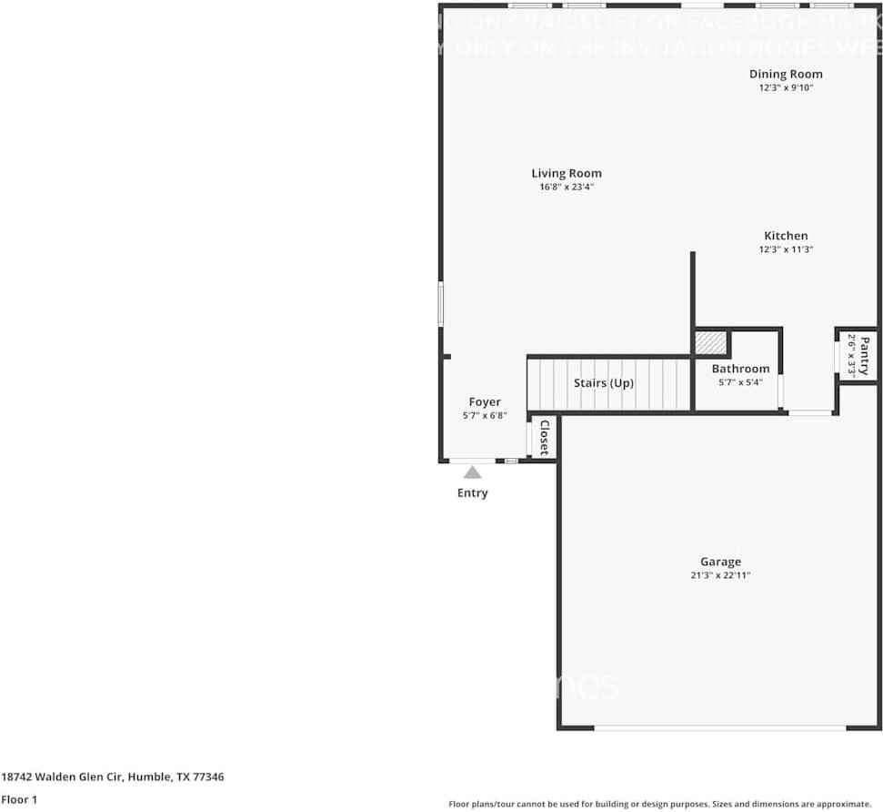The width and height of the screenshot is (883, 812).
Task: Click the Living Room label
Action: coord(567,173)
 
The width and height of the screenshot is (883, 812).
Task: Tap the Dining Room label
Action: coord(786,74)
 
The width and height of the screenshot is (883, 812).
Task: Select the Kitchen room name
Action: coord(786,236)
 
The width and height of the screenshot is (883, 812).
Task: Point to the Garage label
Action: coord(720,562)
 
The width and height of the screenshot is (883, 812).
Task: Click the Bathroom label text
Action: coord(740,369)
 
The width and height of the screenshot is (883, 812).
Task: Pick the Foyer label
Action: coord(485,401)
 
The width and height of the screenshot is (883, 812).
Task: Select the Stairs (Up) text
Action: coord(604,383)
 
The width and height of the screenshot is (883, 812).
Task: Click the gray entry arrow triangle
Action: coord(473,472)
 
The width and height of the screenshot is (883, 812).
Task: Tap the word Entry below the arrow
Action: coord(473,492)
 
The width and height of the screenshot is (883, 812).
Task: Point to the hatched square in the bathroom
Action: coord(710,343)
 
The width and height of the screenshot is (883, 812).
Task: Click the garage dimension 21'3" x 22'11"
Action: coord(720,575)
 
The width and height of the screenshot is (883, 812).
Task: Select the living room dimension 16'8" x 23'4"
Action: coord(567,187)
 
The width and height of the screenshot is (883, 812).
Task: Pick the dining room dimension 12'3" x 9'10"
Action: coord(786,88)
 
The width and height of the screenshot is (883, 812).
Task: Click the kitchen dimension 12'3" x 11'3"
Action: coord(786,249)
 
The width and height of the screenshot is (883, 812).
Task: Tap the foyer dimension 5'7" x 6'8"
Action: coord(485,415)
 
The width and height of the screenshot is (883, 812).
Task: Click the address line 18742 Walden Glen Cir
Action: coord(113,776)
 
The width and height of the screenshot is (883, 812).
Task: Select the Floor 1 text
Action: coord(19,799)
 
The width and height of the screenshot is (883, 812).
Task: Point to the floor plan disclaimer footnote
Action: coord(659,804)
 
